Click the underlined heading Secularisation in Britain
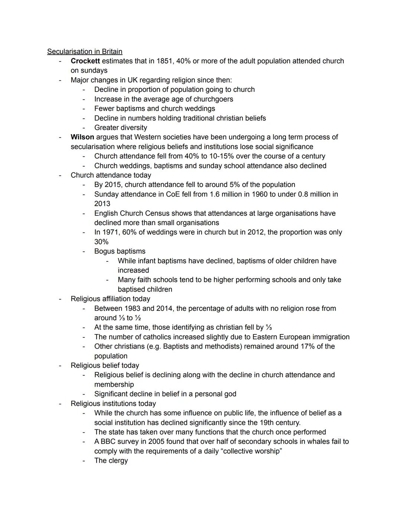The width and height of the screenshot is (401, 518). [x=85, y=52]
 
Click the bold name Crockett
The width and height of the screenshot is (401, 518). [x=85, y=61]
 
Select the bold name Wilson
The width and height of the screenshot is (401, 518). [x=82, y=137]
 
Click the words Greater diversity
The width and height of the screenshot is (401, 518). [x=121, y=128]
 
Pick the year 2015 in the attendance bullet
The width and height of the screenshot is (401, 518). [x=113, y=185]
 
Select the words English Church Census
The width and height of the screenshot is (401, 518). [x=132, y=213]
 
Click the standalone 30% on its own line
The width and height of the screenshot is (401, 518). [x=101, y=242]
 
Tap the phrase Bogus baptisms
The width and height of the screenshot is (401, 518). [x=120, y=251]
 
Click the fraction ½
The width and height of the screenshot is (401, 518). [x=138, y=318]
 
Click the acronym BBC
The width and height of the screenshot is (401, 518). [x=108, y=442]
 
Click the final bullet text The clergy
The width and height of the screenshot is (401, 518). [x=111, y=461]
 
